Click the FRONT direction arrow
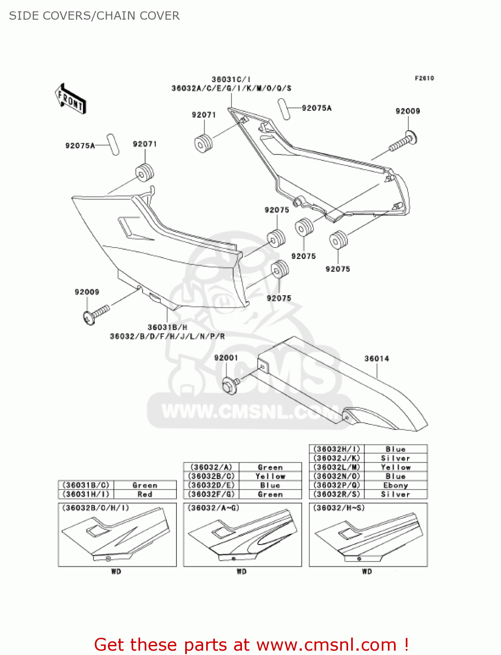[x=70, y=99]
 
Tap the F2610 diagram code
[x=424, y=78]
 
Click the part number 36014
[x=377, y=359]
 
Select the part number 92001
[x=226, y=358]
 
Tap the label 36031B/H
[x=167, y=327]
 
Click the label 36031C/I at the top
[x=231, y=79]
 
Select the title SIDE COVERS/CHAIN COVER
[x=94, y=16]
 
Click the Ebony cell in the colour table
[x=395, y=485]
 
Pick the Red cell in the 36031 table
[x=145, y=494]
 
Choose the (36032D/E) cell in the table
[x=211, y=485]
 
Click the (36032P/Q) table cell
[x=337, y=485]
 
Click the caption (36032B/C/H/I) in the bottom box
[x=96, y=508]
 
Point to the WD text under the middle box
[x=242, y=571]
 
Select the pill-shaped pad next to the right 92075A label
[x=284, y=109]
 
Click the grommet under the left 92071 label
[x=145, y=172]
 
